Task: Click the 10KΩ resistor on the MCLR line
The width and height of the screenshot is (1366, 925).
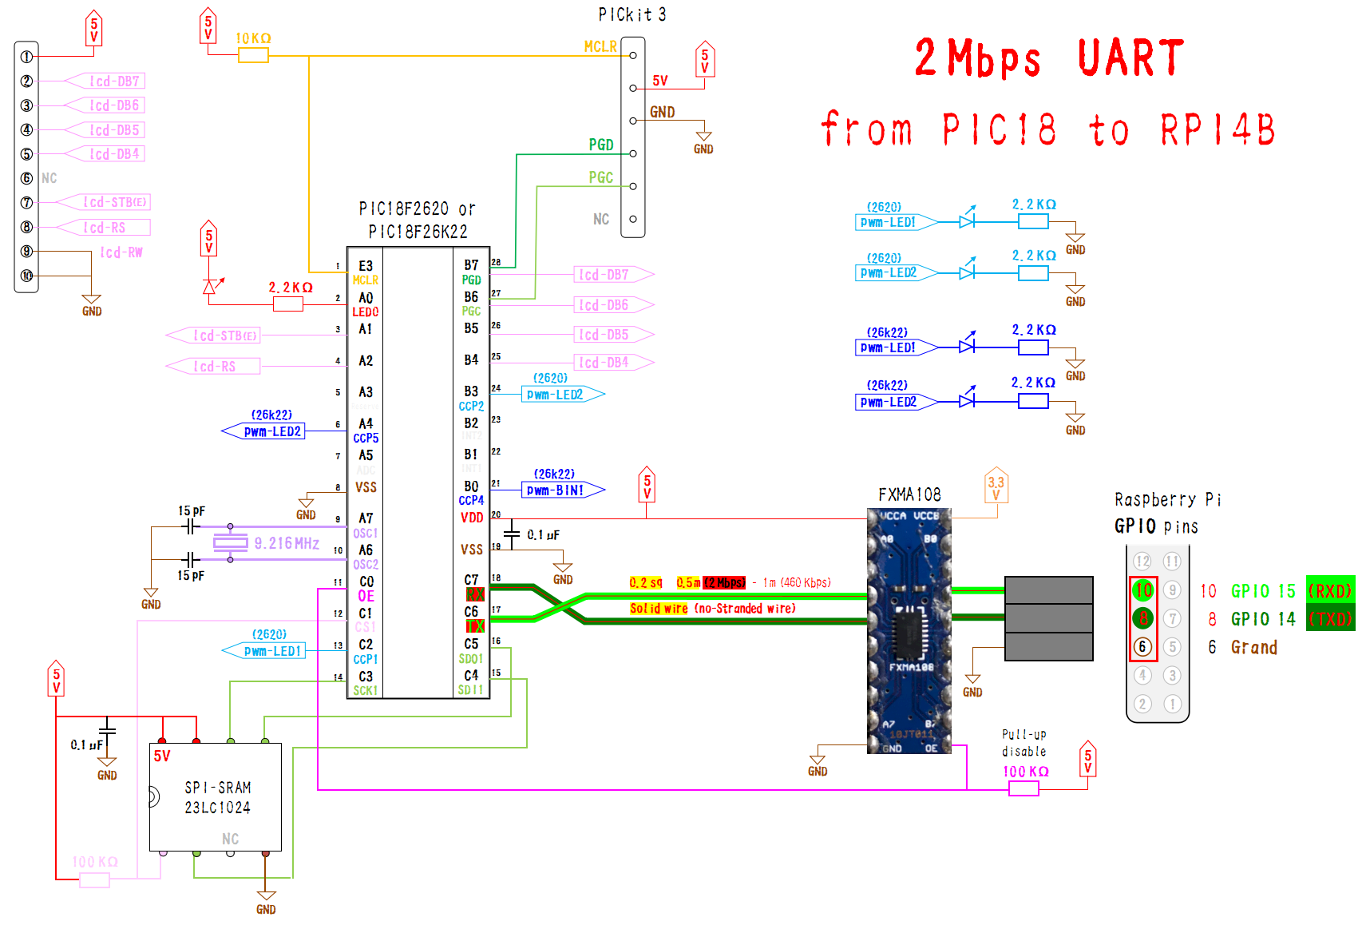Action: (253, 55)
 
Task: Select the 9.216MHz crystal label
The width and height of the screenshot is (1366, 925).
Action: (287, 544)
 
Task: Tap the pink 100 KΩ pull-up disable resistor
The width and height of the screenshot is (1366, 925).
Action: (1024, 788)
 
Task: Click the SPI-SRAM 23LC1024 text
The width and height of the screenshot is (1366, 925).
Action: (217, 797)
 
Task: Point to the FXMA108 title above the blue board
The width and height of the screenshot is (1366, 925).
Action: (909, 494)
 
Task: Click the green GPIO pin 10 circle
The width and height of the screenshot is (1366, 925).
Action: (1143, 590)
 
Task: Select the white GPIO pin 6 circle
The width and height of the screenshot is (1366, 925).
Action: (1143, 646)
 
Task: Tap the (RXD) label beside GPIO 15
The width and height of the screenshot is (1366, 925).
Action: (1330, 591)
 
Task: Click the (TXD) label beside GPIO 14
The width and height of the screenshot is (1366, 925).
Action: (1330, 619)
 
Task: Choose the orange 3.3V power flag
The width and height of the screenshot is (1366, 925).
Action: (996, 486)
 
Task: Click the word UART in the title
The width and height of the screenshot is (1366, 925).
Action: (1130, 58)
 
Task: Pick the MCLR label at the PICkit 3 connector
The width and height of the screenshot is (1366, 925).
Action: (600, 47)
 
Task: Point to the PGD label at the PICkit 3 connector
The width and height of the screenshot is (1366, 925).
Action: (601, 145)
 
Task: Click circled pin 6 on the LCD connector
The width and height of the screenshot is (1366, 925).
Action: (26, 178)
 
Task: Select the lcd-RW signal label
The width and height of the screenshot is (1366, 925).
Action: (121, 252)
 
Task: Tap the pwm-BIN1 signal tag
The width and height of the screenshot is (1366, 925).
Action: (556, 490)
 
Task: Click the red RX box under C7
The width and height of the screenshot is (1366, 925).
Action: (474, 594)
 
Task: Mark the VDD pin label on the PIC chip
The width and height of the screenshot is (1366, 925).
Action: (472, 518)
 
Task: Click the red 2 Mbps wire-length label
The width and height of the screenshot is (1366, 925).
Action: (723, 582)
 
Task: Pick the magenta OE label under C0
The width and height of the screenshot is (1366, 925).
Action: (366, 596)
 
